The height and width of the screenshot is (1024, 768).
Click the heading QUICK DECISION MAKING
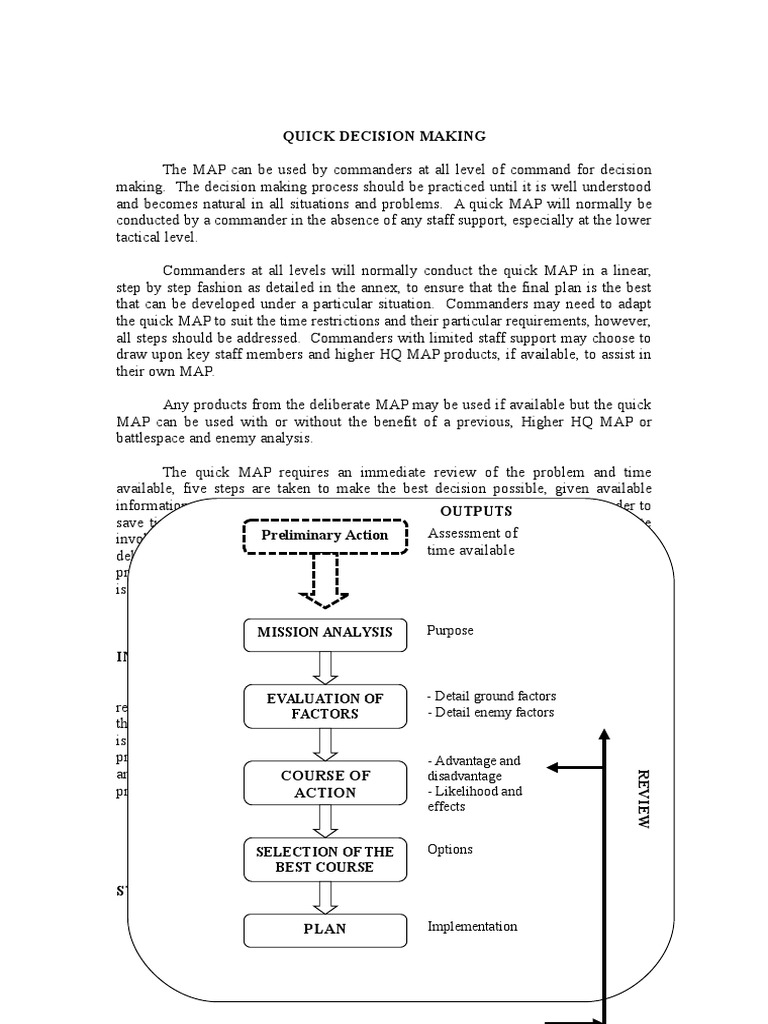point(384,135)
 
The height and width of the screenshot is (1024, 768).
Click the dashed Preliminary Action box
point(325,536)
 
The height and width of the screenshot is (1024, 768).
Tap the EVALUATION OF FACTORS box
point(325,706)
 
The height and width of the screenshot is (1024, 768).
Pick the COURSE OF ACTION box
point(325,784)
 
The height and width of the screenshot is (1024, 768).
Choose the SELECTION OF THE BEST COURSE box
point(325,859)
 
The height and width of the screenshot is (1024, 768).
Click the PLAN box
point(325,929)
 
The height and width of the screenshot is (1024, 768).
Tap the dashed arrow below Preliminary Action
point(325,580)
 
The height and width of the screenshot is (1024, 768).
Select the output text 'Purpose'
point(450,631)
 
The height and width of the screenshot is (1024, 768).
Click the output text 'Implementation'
point(472,926)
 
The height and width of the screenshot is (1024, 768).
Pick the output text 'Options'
point(450,849)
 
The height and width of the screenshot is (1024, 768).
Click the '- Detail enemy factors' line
point(490,712)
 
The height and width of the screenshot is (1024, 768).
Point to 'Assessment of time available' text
point(472,542)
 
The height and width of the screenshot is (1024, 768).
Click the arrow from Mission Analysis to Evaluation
point(325,666)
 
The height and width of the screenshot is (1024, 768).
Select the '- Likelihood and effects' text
point(475,799)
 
